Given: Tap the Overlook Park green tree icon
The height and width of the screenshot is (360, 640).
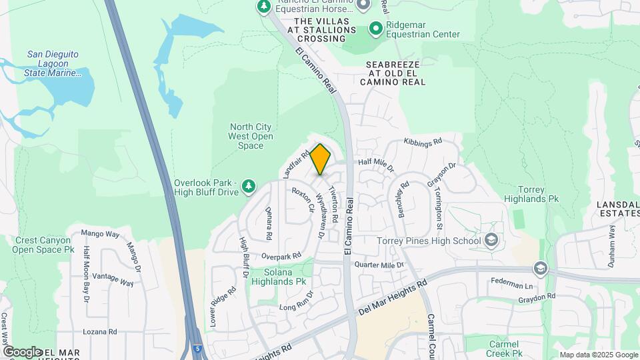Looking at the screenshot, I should pos(249,185).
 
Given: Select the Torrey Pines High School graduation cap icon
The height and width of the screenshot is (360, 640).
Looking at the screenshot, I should pos(491,240).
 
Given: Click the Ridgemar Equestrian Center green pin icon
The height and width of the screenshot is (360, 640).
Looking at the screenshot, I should pos(375,29).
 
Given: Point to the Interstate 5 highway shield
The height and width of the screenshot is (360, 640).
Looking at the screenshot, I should pos(197,349).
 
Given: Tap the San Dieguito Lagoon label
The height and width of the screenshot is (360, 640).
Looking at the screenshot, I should pos(54,64).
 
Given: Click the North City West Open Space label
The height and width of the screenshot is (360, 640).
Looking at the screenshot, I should pos(251,136).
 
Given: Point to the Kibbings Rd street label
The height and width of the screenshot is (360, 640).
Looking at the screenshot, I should pos(423,142).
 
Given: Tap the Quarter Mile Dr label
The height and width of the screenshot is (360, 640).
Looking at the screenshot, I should pos(379,265).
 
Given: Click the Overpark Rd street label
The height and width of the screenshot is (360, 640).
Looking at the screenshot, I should pos(281,255).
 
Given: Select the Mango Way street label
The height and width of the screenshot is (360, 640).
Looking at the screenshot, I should pos(100,234).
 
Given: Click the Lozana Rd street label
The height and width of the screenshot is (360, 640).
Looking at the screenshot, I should pos(99,331).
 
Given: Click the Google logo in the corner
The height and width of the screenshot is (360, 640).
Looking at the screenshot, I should pos(21,351).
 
